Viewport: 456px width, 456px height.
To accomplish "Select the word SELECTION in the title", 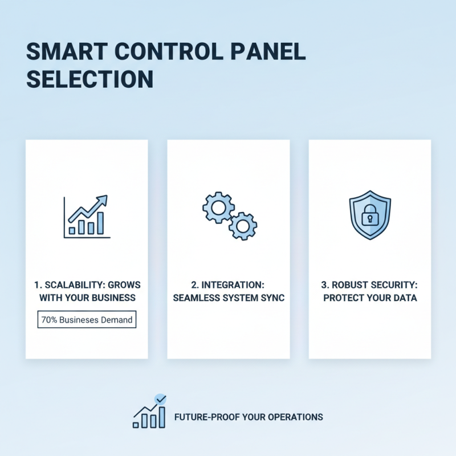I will click(90, 79).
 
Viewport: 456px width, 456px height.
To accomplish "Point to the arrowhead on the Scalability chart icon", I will click(103, 199).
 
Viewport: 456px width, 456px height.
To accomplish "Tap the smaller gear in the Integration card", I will click(243, 226).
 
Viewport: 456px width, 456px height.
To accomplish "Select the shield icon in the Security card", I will click(369, 215).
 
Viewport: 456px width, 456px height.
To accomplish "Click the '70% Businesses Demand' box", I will click(87, 320).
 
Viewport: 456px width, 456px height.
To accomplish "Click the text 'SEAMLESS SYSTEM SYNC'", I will click(228, 298).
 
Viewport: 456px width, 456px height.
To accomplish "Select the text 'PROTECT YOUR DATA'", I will click(369, 298).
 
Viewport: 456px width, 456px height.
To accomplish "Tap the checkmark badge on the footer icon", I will click(161, 400).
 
